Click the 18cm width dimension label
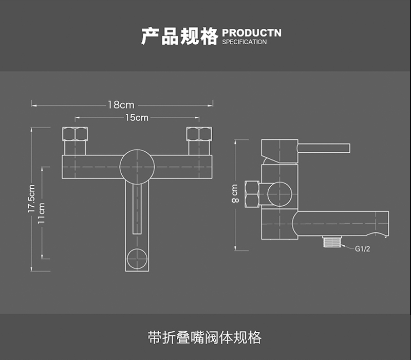(121, 105)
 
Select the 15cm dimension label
(137, 118)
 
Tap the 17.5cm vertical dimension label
(32, 199)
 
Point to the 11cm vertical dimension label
(42, 213)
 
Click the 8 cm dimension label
(235, 194)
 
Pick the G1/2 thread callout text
(363, 249)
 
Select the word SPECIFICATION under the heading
(245, 42)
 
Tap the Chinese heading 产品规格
(179, 36)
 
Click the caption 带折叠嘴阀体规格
(204, 338)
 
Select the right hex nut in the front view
(199, 134)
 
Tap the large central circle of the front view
(137, 166)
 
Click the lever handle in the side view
(324, 148)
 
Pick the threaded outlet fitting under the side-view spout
(333, 242)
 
